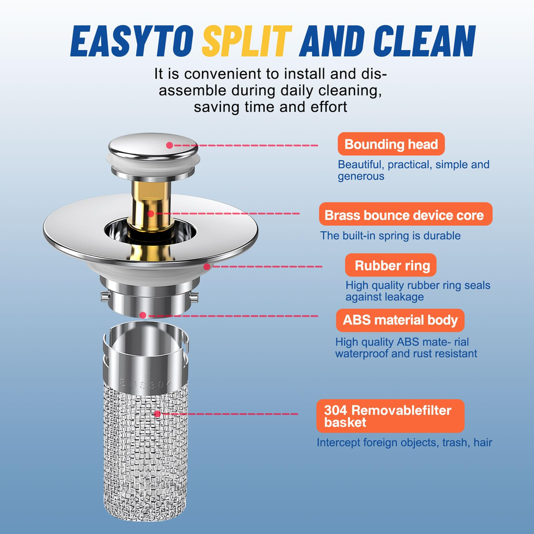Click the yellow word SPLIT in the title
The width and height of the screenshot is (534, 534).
point(247,41)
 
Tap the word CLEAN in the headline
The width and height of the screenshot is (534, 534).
point(424,41)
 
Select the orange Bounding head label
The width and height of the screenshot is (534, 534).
point(391,144)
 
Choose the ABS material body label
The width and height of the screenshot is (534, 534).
point(400,320)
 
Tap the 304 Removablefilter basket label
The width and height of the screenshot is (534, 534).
point(390,416)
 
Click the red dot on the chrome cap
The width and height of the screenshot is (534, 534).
point(169,145)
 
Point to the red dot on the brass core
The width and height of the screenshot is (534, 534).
point(151,214)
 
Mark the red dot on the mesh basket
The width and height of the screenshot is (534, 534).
point(157,414)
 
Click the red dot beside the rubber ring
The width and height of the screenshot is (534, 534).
point(207,266)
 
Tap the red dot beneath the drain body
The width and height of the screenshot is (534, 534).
point(143,315)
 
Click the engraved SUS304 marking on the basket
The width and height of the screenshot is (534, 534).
point(146,383)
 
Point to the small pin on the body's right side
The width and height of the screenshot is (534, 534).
point(194,296)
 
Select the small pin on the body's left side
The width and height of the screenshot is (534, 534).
point(106,296)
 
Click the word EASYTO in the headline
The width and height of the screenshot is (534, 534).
point(132,41)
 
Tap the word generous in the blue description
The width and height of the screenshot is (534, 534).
point(361,177)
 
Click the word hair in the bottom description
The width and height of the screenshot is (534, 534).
point(483,442)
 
